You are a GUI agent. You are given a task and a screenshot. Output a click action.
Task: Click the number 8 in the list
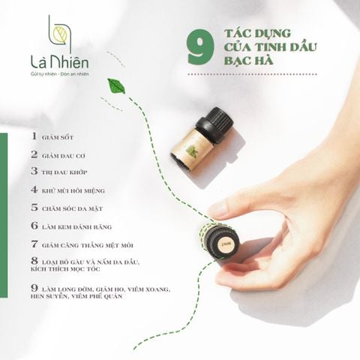(x=34, y=260)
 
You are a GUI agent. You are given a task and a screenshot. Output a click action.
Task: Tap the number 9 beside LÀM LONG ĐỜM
(x=34, y=286)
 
